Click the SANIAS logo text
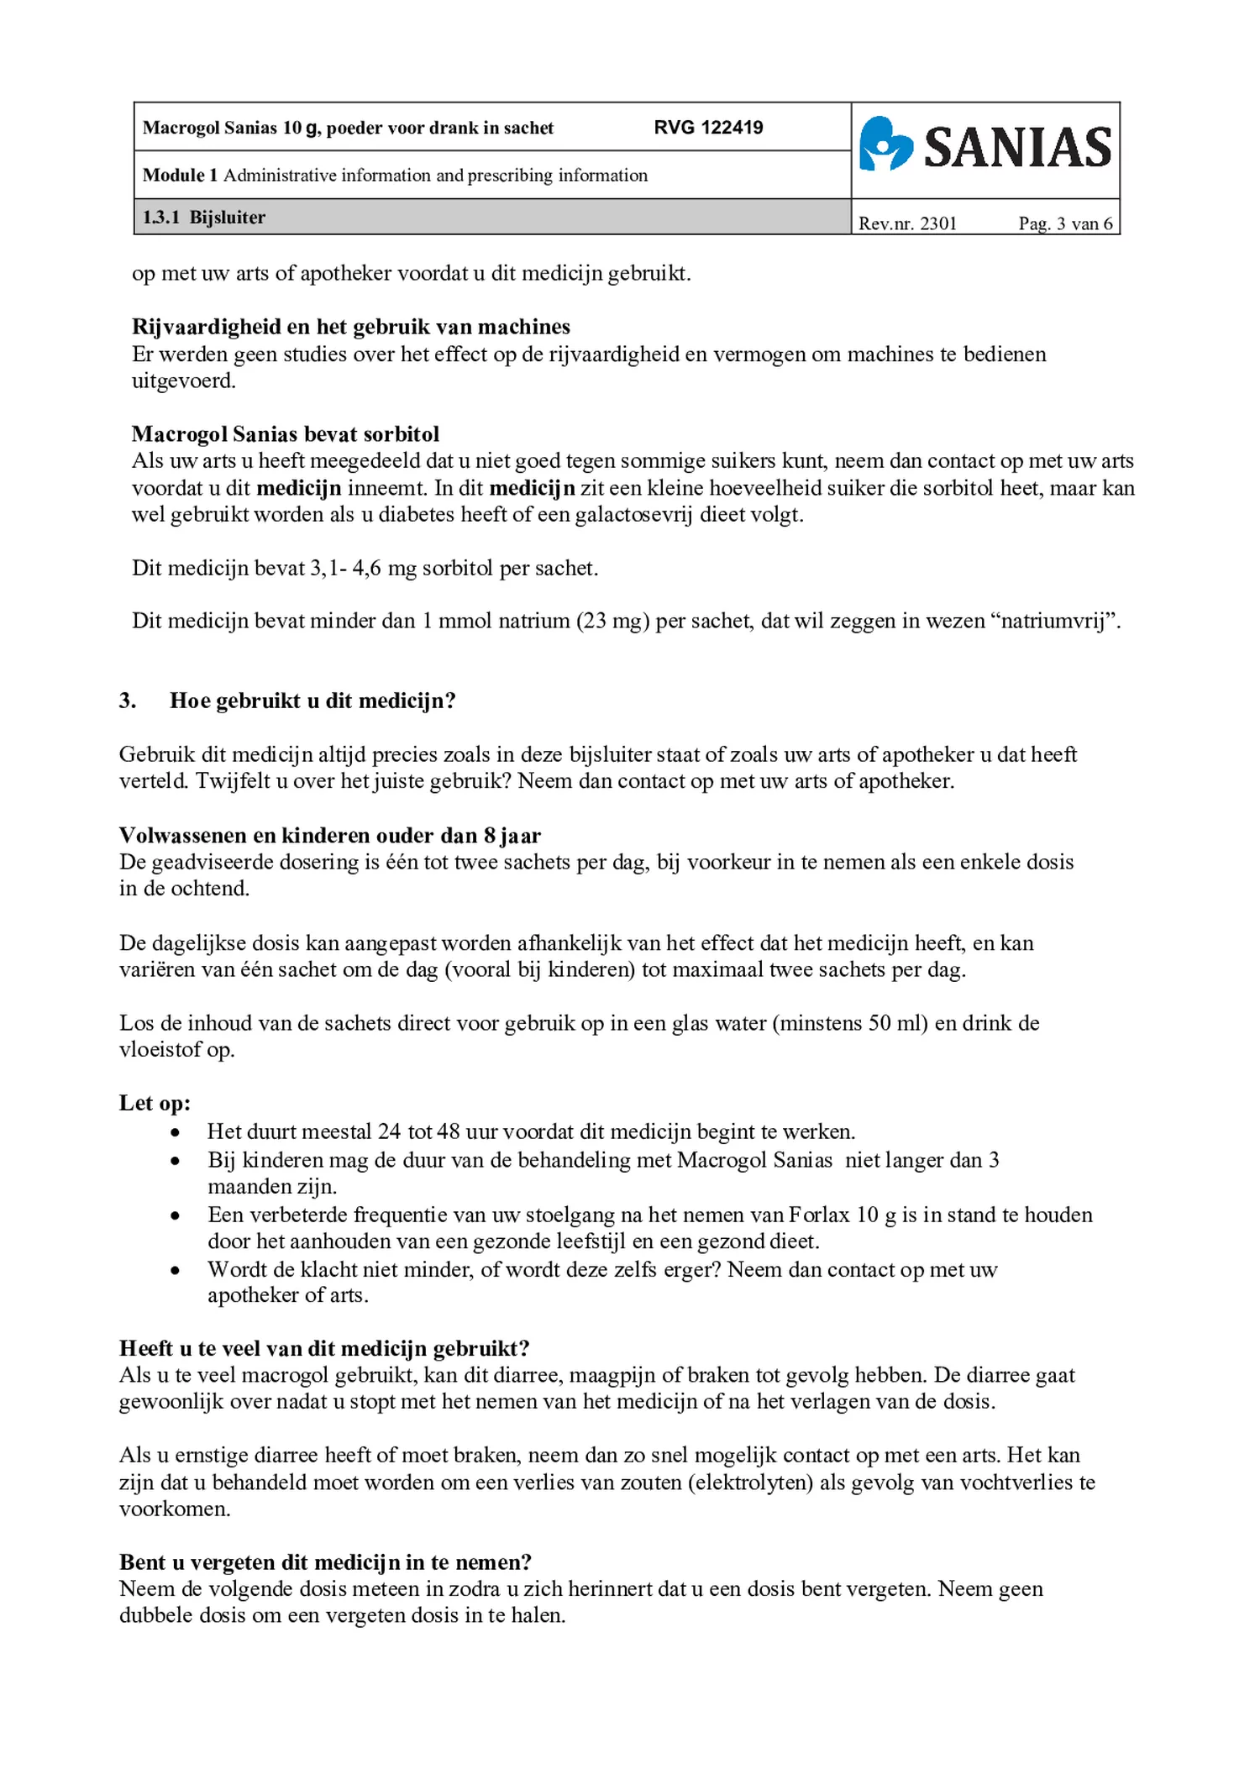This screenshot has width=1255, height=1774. click(x=1017, y=148)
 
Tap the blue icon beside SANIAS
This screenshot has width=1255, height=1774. click(x=885, y=144)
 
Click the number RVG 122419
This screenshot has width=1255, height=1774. click(x=708, y=128)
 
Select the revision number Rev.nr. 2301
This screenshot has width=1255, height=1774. click(x=907, y=223)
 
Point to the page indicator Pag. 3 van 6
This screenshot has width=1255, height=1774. click(x=1064, y=223)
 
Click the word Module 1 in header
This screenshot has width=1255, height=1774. click(x=180, y=176)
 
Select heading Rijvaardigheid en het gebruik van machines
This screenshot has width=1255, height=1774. click(x=350, y=327)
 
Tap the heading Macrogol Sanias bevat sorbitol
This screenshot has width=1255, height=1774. click(x=285, y=434)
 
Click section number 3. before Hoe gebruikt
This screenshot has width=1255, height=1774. click(x=128, y=701)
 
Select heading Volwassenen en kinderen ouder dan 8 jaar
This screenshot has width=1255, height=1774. click(x=329, y=836)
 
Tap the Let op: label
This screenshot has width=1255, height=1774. click(x=155, y=1103)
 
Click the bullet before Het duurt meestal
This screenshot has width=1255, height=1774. click(x=175, y=1132)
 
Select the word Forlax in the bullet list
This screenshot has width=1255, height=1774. click(x=818, y=1215)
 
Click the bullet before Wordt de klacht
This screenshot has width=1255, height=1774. click(x=175, y=1269)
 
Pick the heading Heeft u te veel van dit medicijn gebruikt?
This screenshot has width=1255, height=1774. click(x=324, y=1348)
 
